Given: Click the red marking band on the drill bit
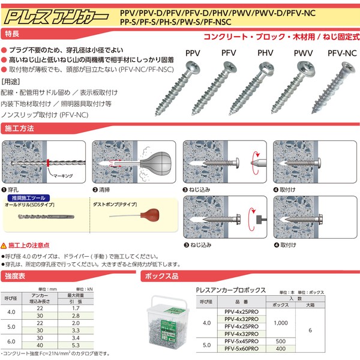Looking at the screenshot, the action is tap(47, 163).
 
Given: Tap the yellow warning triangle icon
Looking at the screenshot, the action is tap(5, 246).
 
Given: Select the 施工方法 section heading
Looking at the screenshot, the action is tap(22, 129).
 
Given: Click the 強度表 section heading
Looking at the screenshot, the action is tap(17, 277).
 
